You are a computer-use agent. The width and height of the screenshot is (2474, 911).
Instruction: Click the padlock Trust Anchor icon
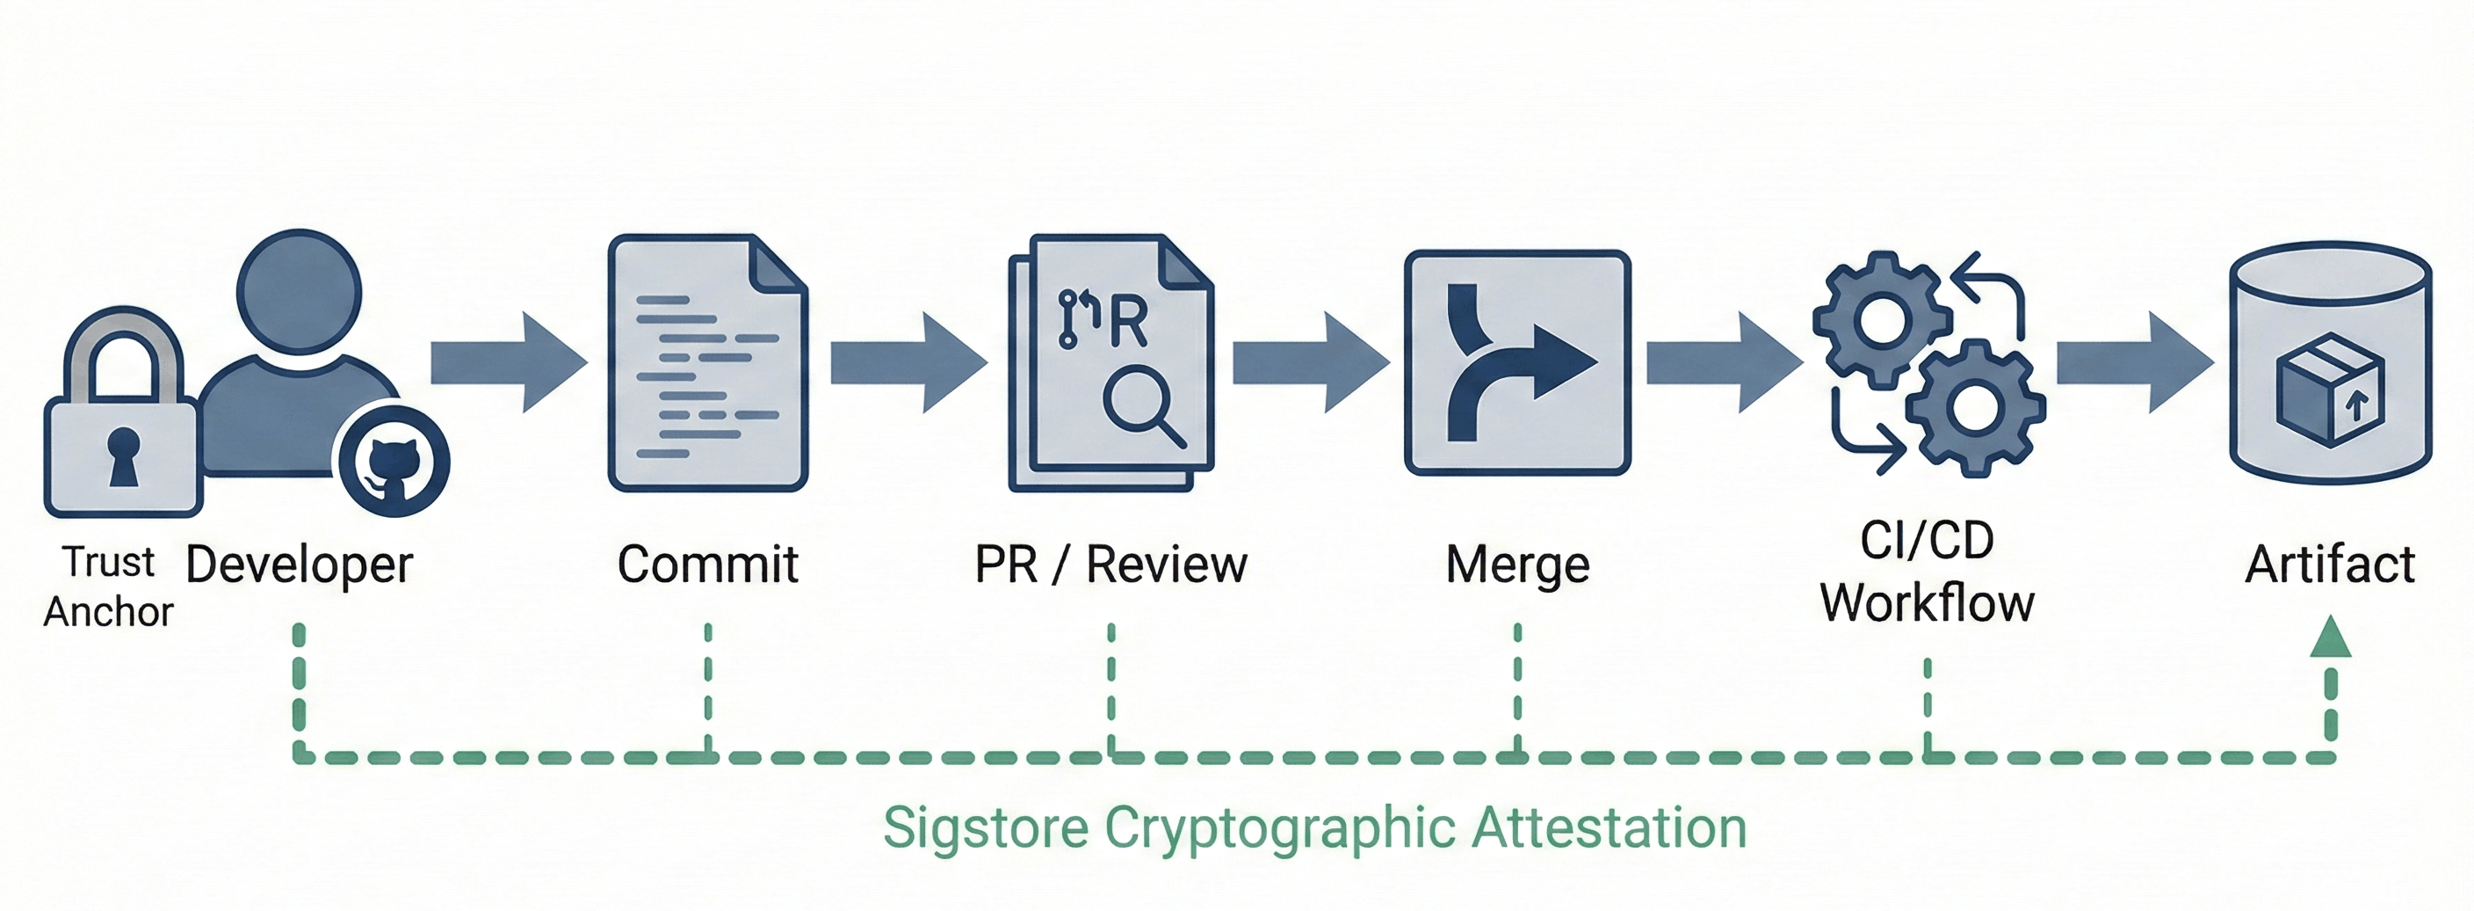pyautogui.click(x=122, y=423)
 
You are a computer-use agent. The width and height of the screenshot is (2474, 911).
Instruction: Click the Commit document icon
pyautogui.click(x=708, y=362)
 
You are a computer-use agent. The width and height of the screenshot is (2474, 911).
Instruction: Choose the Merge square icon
pyautogui.click(x=1517, y=362)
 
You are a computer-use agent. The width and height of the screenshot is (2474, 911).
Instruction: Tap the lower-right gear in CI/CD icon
pyautogui.click(x=1975, y=407)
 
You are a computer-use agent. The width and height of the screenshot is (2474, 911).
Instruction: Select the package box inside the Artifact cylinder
pyautogui.click(x=2329, y=390)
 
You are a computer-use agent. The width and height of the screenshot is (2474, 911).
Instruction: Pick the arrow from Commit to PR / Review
pyautogui.click(x=908, y=362)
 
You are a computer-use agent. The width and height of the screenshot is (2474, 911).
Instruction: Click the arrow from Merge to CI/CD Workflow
pyautogui.click(x=1724, y=362)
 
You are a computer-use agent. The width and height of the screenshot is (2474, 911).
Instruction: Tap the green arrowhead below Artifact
pyautogui.click(x=2330, y=638)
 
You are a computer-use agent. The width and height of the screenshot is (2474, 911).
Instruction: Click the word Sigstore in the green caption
pyautogui.click(x=986, y=828)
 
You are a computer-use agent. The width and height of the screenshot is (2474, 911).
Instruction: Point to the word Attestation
pyautogui.click(x=1610, y=828)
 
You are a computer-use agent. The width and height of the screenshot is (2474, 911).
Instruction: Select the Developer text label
pyautogui.click(x=299, y=565)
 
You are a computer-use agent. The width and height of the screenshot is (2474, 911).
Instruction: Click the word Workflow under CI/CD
pyautogui.click(x=1928, y=603)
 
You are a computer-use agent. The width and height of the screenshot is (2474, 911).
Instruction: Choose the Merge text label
pyautogui.click(x=1517, y=565)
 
